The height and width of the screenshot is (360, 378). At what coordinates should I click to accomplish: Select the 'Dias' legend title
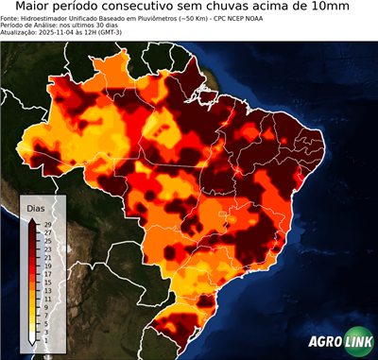click(x=36, y=208)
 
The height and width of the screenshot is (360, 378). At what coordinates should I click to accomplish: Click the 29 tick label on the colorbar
click(x=47, y=225)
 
